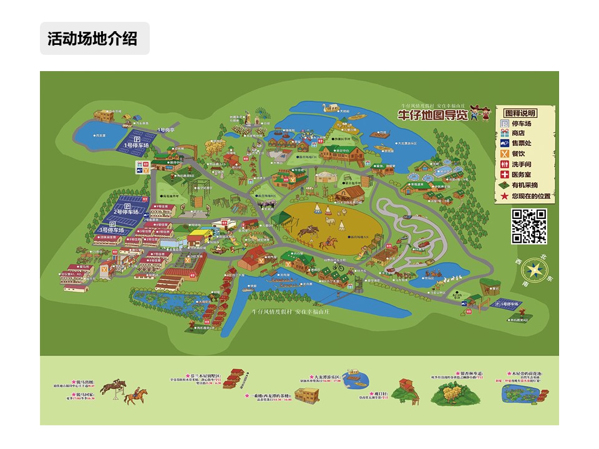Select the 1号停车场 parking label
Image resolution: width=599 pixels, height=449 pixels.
137,145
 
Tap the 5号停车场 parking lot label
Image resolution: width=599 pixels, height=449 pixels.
511,304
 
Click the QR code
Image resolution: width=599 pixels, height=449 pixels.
529,226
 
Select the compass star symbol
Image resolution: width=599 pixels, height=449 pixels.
535,269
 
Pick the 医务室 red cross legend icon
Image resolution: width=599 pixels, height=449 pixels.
505,175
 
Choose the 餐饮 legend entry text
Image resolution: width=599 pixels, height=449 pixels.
520,153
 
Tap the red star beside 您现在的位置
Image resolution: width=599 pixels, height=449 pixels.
505,196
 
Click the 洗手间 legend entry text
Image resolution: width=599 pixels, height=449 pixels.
522,164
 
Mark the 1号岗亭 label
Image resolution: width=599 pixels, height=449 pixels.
165,130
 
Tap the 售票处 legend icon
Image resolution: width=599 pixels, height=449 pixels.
505,143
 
